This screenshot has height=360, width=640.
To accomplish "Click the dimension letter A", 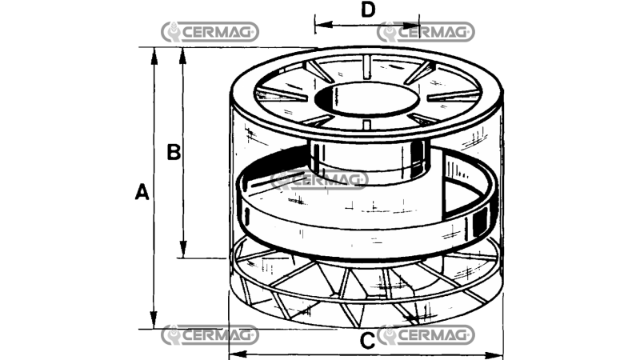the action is coord(142,192).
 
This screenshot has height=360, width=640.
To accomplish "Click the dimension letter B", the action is coord(174,152).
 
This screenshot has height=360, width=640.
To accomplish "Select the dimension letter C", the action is coord(367,341).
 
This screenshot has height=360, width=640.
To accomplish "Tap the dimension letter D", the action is coord(368,10).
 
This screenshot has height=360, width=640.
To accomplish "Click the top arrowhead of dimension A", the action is coord(154,56).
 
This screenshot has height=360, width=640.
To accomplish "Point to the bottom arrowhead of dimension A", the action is coord(154,319).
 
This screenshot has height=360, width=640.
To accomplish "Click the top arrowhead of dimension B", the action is coord(183,56).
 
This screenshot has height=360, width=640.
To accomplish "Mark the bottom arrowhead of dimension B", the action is coord(183,249).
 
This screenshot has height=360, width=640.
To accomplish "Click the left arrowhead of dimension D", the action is coord(324,25).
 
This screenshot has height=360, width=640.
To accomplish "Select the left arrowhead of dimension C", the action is coord(238,354).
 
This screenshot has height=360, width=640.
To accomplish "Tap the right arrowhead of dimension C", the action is coord(494,356).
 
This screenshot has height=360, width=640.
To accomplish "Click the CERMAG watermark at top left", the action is coord(210,32).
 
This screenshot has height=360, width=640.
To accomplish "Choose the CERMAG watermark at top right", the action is coord(426,32).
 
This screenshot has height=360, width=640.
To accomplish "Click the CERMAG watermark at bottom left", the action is coord(210,335).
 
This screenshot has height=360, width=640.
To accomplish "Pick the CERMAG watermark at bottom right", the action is coord(426,335).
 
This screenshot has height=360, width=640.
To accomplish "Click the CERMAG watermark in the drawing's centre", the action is coord(319,179).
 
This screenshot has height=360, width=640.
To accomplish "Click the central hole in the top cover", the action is coord(366,100).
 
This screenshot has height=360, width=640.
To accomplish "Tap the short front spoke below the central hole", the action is coord(366,124).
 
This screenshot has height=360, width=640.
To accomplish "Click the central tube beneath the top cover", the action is coord(368,162).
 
